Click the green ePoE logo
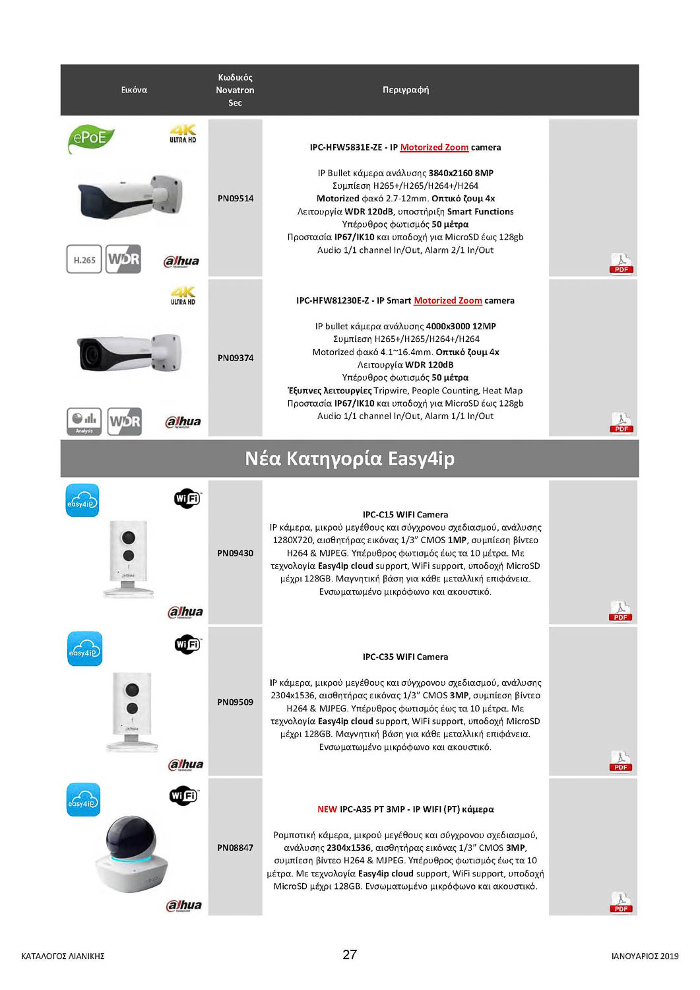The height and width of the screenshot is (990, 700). (x=90, y=138)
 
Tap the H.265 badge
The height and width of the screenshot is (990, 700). (x=84, y=259)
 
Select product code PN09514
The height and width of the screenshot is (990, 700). (x=236, y=199)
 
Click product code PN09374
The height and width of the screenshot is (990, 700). (x=236, y=358)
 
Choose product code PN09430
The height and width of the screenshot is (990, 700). (x=236, y=553)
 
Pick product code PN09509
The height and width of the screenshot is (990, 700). (x=236, y=702)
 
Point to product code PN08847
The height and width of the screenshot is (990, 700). (x=236, y=848)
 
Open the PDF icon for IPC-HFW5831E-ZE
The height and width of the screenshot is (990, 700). (x=621, y=263)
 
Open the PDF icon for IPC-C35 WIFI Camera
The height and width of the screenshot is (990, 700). (x=621, y=760)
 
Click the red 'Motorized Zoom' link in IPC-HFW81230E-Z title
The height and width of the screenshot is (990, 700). (x=447, y=301)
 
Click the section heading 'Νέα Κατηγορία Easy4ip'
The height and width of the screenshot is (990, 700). (x=350, y=459)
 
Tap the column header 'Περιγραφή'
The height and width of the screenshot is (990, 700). (x=406, y=90)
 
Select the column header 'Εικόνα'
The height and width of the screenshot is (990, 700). (x=134, y=90)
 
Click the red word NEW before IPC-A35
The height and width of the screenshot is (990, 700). (x=327, y=809)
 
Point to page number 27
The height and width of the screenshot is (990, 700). (x=350, y=954)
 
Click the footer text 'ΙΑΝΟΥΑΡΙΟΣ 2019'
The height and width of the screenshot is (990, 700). (x=645, y=956)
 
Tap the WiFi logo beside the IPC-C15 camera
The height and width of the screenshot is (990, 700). (x=187, y=498)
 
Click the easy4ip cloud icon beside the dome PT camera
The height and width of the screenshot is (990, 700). (x=83, y=799)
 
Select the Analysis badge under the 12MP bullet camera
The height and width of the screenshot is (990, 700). (x=84, y=421)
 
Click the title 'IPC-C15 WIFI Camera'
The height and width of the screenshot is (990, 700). (x=405, y=515)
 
